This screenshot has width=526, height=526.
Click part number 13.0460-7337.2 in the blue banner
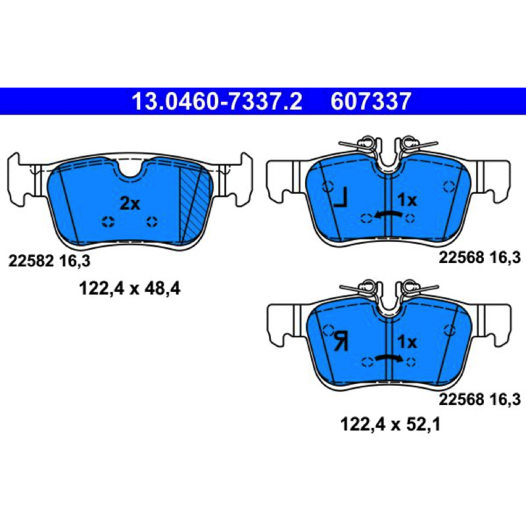pyautogui.click(x=217, y=101)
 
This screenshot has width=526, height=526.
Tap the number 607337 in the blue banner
pyautogui.click(x=371, y=101)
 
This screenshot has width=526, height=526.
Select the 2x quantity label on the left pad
pyautogui.click(x=130, y=203)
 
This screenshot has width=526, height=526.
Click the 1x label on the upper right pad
pyautogui.click(x=407, y=201)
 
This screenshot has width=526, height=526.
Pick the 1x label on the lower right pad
pyautogui.click(x=407, y=342)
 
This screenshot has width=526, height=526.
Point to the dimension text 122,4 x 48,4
pyautogui.click(x=130, y=289)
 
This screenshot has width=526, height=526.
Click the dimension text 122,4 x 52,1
pyautogui.click(x=390, y=424)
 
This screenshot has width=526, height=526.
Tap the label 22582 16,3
pyautogui.click(x=49, y=260)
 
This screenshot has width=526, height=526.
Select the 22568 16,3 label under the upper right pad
pyautogui.click(x=480, y=257)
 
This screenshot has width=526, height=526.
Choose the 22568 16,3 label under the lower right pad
pyautogui.click(x=480, y=399)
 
